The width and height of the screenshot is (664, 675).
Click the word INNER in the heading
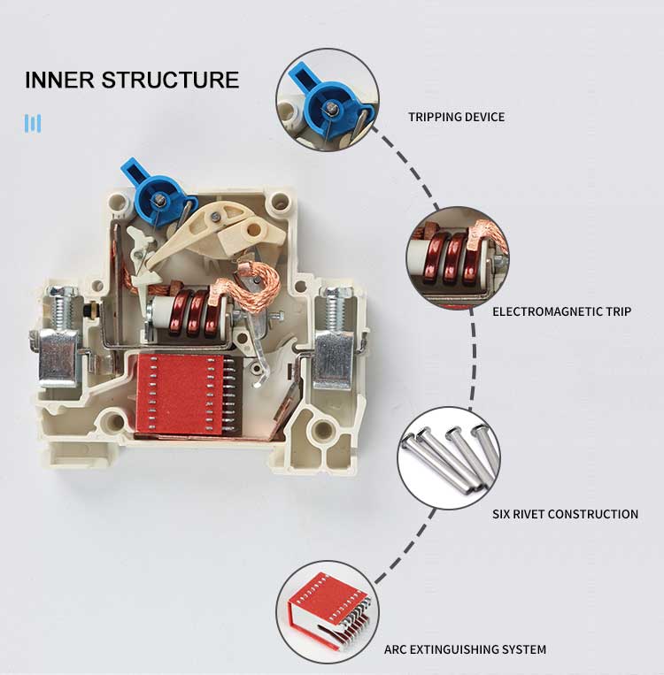tap(59, 80)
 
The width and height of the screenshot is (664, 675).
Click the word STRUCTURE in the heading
tap(170, 80)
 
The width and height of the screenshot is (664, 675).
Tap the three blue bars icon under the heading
tap(33, 123)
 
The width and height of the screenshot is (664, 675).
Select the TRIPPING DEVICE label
tap(456, 117)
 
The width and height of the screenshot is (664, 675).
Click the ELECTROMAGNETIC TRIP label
tap(561, 311)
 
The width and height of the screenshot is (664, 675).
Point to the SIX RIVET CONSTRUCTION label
tap(565, 514)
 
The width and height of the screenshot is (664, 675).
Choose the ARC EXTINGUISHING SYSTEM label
tap(465, 649)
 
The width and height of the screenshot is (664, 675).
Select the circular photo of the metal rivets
tap(448, 458)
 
